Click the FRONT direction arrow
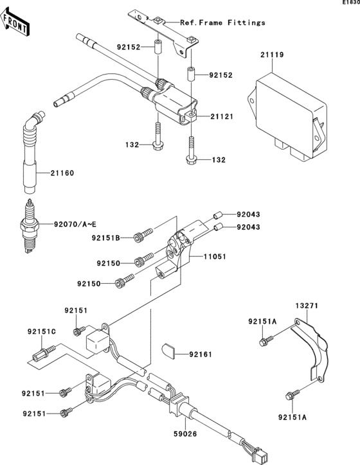click(14, 22)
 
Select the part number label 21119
click(272, 55)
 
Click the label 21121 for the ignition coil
click(222, 116)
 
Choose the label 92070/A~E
click(75, 224)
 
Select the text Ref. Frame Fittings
click(222, 22)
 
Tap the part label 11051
click(215, 256)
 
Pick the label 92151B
click(105, 238)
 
